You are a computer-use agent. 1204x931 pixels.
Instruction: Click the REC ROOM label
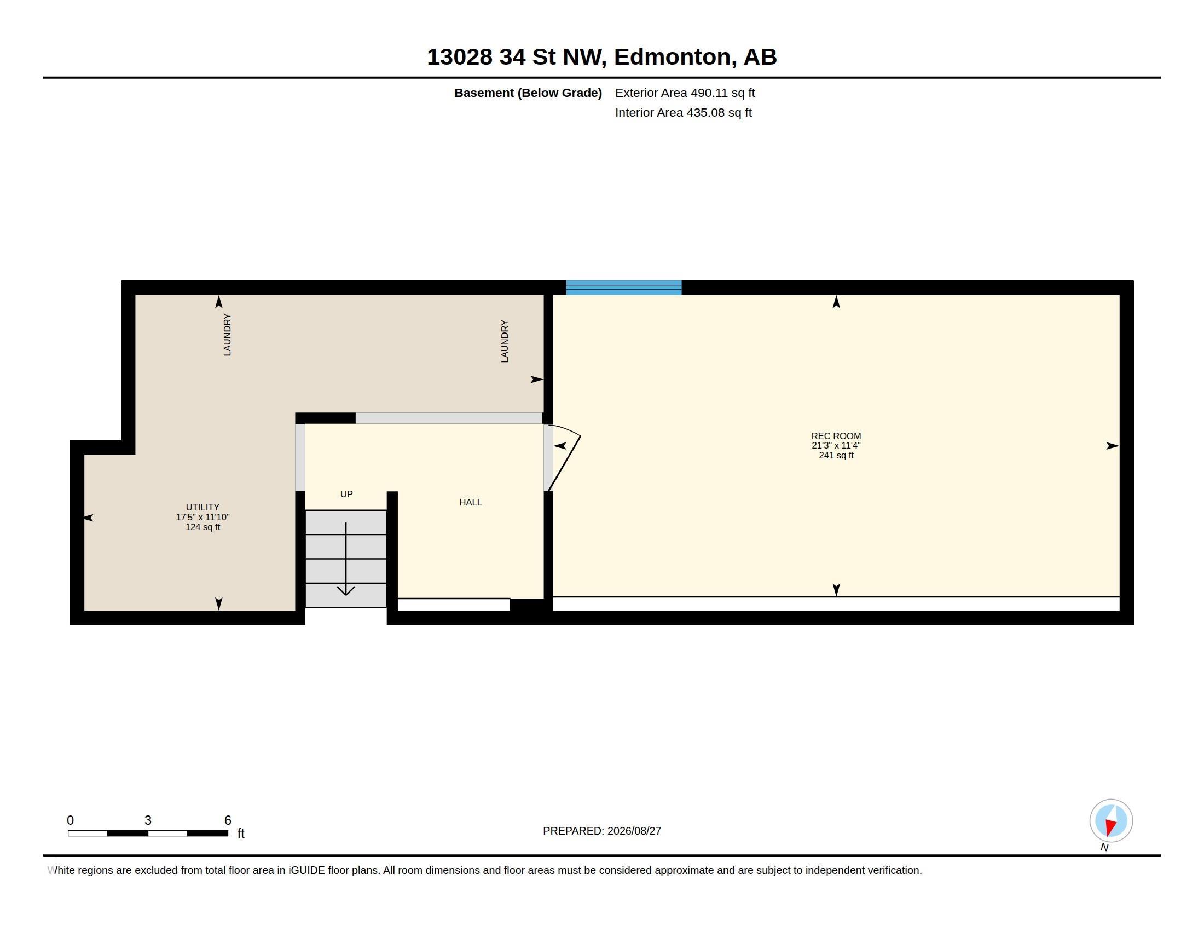pos(836,436)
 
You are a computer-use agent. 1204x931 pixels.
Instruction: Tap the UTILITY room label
pos(202,508)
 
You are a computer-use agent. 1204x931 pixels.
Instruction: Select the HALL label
pos(470,502)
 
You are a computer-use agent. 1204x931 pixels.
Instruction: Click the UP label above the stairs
pos(346,494)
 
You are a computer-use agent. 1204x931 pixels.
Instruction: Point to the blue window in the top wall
pos(623,288)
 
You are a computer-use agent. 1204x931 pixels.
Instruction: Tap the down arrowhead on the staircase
pos(346,591)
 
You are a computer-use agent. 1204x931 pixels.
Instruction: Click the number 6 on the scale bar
pos(228,820)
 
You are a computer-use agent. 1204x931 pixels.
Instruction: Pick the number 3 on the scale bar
pos(148,820)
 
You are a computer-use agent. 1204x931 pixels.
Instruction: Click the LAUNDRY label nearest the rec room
pos(505,341)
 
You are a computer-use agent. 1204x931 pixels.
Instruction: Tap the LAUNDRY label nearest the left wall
pos(227,335)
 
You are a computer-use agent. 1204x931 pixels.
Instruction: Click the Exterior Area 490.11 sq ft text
pos(685,93)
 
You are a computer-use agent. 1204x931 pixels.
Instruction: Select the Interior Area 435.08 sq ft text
pos(683,112)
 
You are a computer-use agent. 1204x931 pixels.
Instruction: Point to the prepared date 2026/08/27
pos(634,831)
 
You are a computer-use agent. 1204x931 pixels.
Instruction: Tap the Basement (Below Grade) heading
pos(528,93)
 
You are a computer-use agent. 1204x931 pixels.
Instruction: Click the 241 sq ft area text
pos(836,455)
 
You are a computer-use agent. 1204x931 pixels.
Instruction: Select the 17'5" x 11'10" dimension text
pos(202,518)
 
